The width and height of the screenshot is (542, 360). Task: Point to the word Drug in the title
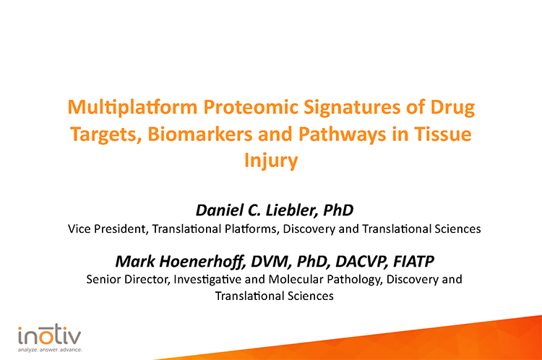452,108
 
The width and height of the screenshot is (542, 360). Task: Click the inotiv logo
50,335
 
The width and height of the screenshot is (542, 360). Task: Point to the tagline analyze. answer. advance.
50,349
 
